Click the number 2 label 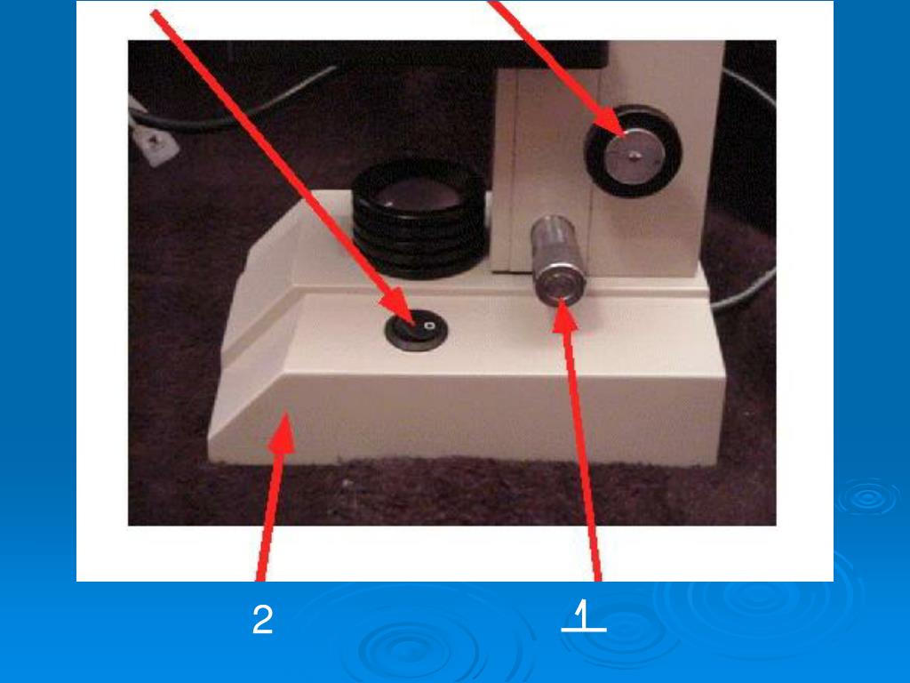pos(262,619)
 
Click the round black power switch pos(416,332)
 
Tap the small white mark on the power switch pos(429,325)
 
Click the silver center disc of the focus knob pos(635,155)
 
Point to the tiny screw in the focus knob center pos(636,155)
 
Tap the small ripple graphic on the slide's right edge pos(867,498)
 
